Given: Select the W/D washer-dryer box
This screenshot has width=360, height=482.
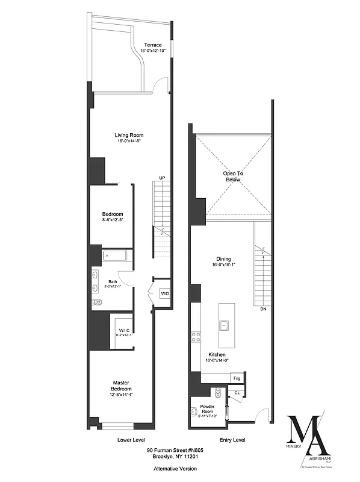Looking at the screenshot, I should coord(164,293).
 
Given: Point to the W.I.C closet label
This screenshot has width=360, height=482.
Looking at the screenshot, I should coord(125,330).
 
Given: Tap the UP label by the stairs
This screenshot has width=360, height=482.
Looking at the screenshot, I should coord(162,178).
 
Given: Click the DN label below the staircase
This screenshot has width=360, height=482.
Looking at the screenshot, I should coord(262,309).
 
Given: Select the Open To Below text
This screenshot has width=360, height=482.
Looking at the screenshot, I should coord(232,176).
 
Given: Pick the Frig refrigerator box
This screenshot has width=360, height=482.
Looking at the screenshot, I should coord(238,378).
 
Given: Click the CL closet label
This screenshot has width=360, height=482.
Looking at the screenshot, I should coord(237,393).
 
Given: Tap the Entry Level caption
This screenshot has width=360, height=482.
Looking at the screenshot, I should coord(231,440).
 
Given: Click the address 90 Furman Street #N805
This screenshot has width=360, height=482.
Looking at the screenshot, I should coord(173,450).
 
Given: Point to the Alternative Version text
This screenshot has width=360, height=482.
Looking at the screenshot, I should coord(173,468).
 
